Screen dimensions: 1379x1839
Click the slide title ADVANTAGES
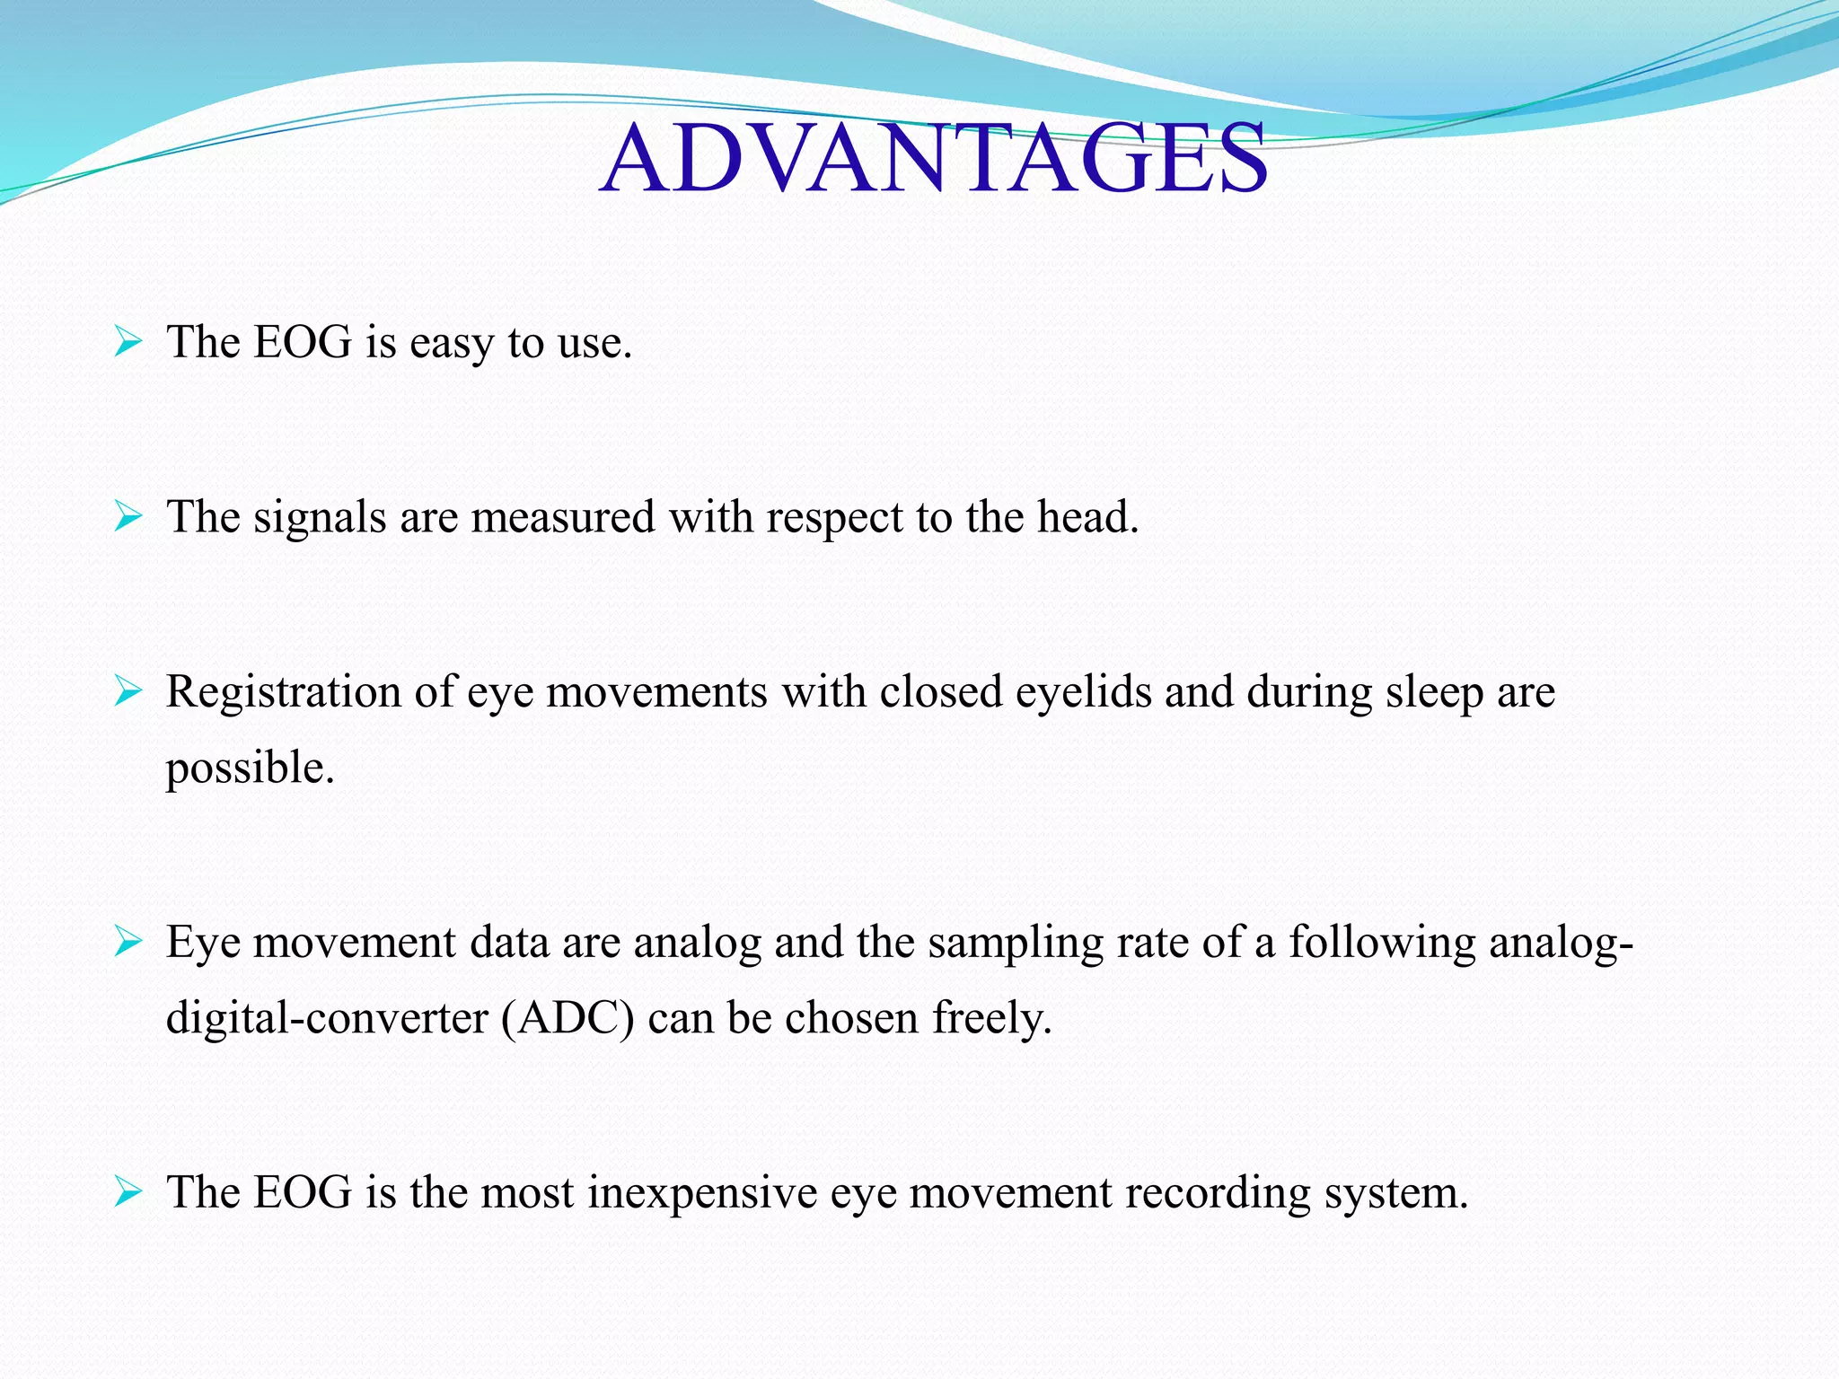tap(934, 160)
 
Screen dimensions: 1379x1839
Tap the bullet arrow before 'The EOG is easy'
tap(128, 342)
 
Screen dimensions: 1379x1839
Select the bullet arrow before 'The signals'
tap(128, 517)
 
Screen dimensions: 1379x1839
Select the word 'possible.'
tap(250, 769)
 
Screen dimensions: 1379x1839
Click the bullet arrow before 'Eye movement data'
tap(128, 943)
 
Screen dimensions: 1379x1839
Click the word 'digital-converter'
tap(327, 1019)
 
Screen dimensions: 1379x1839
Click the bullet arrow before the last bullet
tap(128, 1193)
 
